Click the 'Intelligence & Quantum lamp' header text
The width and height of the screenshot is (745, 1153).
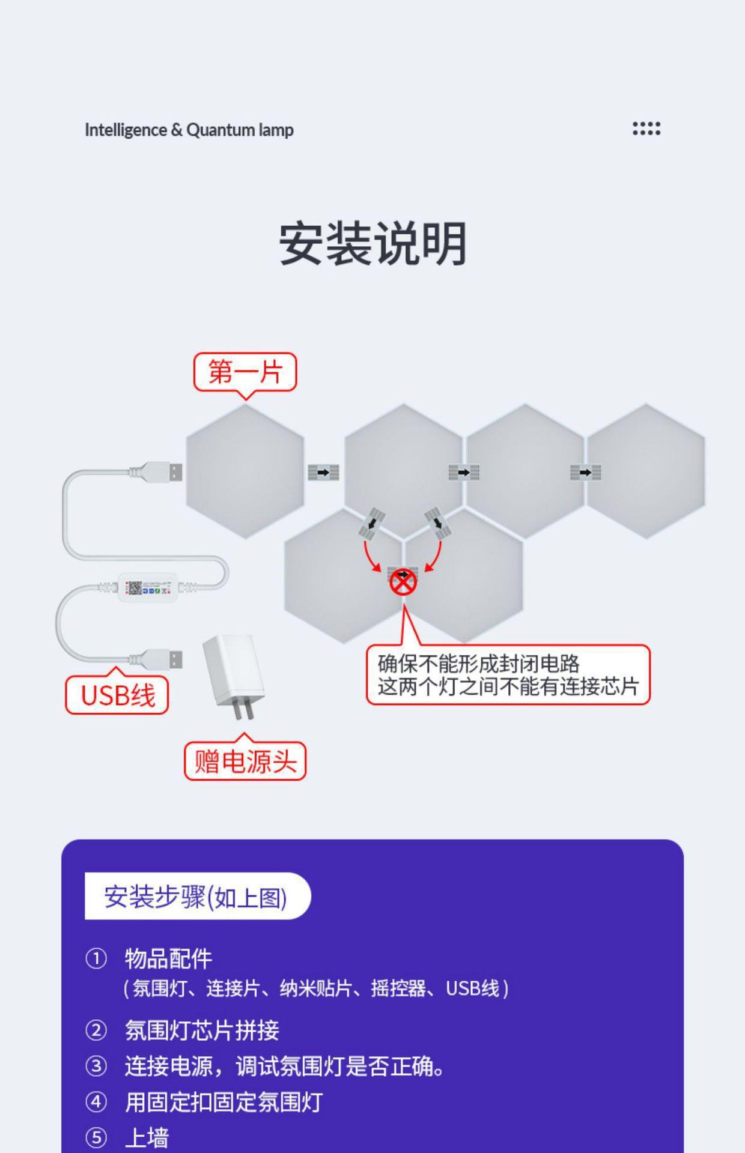189,130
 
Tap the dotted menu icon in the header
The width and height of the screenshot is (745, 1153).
646,129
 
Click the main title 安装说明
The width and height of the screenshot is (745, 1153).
372,244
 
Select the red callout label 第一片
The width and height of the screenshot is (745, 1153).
245,372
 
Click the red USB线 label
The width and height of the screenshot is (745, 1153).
117,695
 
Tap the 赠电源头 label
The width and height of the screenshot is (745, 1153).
245,761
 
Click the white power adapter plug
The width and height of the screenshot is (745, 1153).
233,676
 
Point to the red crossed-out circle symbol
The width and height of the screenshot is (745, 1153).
403,581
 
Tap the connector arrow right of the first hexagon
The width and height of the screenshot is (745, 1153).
323,473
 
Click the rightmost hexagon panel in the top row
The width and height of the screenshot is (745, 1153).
646,471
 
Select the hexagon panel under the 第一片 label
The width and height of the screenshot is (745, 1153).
245,471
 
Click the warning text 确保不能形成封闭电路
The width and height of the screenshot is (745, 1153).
478,664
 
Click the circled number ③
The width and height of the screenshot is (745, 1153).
96,1067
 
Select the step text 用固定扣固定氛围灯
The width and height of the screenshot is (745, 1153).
223,1102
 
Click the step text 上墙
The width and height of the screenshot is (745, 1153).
147,1137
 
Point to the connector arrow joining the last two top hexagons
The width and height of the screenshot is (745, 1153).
585,473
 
